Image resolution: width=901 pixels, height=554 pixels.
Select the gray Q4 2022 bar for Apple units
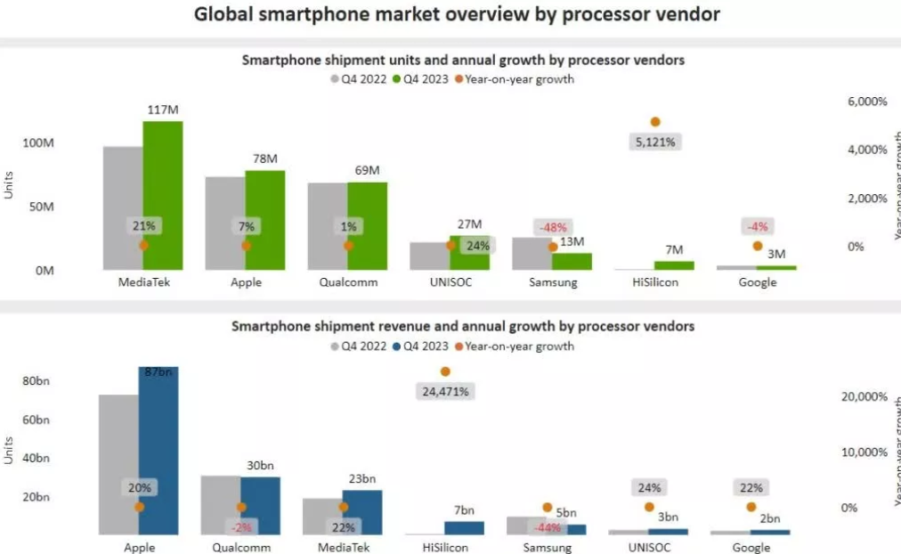point(225,223)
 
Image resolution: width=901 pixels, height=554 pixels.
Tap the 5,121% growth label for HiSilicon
point(655,141)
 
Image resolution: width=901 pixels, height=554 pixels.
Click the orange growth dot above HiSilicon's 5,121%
point(655,122)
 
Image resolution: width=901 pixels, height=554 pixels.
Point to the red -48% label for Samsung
point(551,227)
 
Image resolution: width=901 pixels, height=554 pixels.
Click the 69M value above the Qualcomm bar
point(367,170)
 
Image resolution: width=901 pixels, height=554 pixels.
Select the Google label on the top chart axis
point(757,282)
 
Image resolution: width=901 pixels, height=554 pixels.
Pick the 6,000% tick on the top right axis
point(867,102)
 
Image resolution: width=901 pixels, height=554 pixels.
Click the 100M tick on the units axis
point(38,143)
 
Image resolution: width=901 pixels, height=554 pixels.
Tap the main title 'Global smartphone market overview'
point(457,14)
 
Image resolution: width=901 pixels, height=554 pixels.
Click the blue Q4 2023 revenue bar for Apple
point(158,450)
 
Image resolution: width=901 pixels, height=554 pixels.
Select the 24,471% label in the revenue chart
point(445,390)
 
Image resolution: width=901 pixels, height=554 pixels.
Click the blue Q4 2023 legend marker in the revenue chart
point(397,346)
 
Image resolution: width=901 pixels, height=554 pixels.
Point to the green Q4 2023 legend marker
point(397,79)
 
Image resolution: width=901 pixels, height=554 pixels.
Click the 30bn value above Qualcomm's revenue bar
point(260,465)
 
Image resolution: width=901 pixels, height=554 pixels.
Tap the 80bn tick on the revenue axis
point(36,381)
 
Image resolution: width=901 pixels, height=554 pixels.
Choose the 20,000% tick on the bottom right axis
point(864,396)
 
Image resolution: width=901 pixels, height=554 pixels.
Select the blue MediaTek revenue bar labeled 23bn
point(362,512)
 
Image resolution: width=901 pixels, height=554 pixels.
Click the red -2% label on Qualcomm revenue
point(241,526)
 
